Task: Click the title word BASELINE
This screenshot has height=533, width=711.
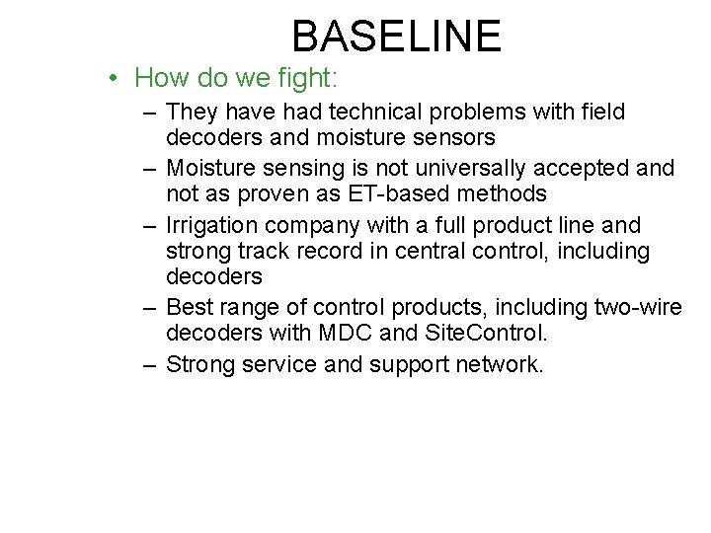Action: tap(397, 37)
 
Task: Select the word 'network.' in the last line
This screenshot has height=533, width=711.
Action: tap(499, 365)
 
